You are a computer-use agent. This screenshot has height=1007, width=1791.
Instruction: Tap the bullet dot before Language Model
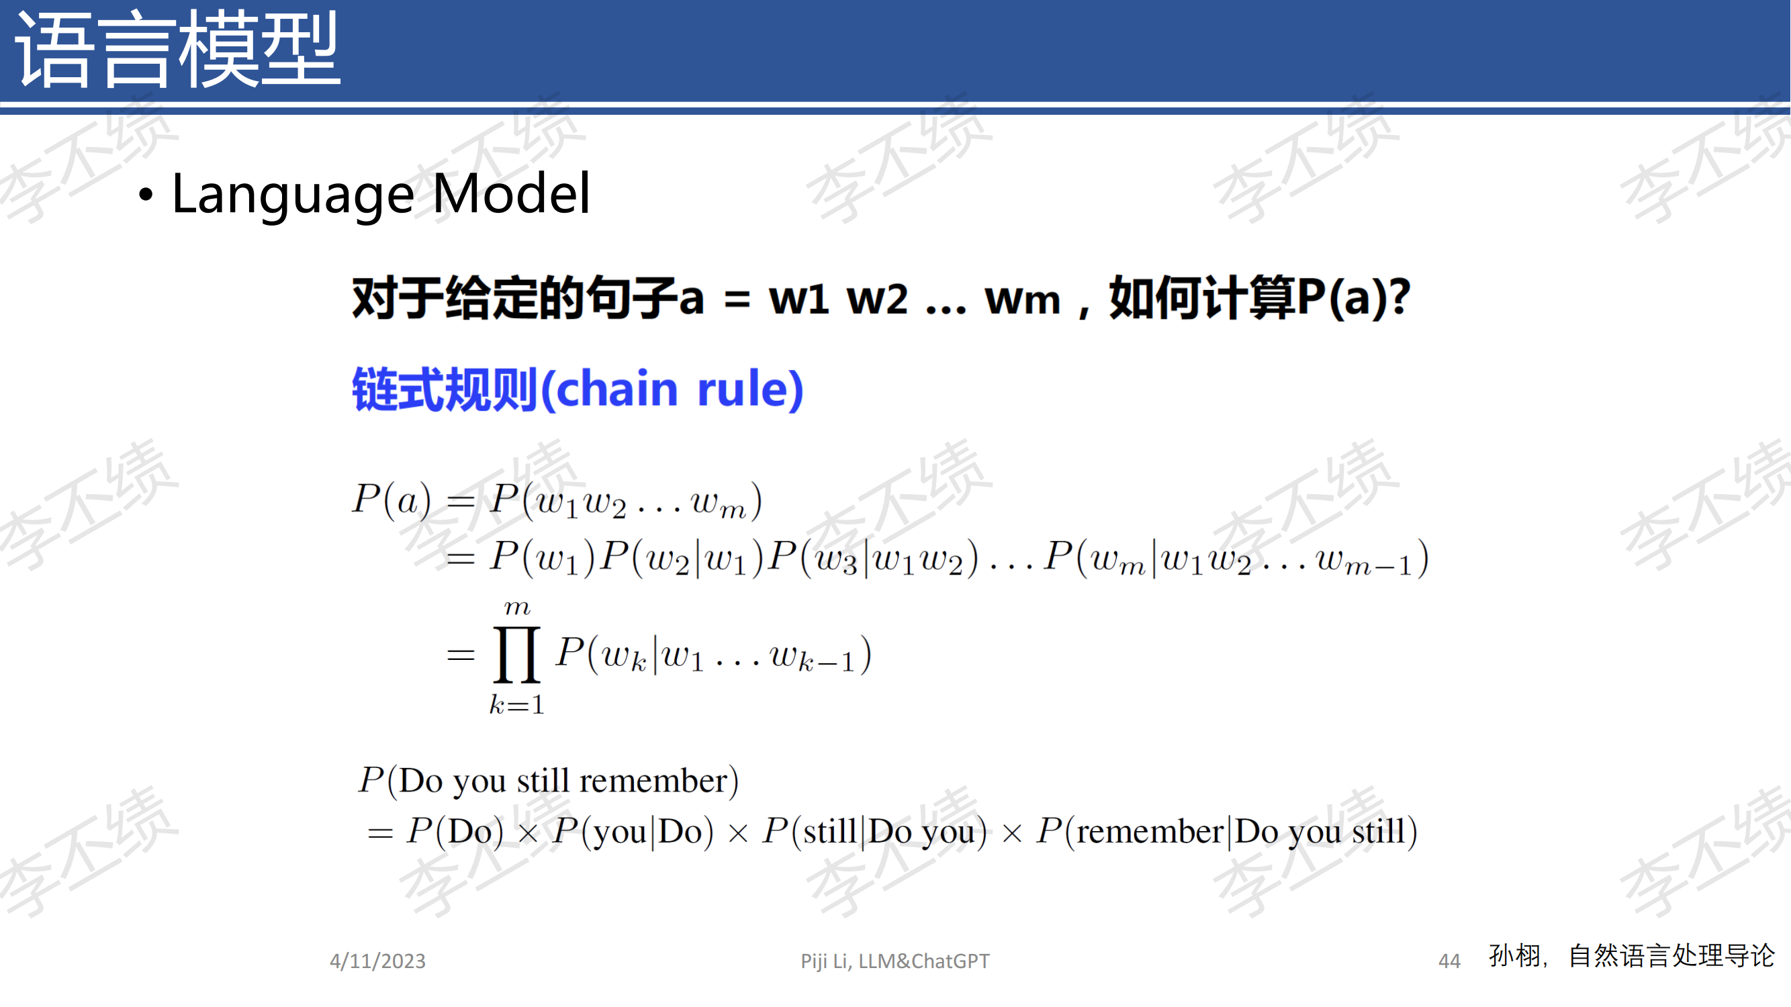coord(145,195)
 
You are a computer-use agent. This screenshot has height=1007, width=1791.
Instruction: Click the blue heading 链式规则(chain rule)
coord(578,389)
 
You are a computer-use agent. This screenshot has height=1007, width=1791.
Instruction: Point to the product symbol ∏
coord(516,654)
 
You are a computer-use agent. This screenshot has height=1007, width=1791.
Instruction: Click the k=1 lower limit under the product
coord(516,705)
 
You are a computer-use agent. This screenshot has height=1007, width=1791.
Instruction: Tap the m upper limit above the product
coord(517,608)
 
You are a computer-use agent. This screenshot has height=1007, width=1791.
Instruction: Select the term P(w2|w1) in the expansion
coord(682,557)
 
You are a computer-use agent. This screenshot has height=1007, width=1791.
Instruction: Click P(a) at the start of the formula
coord(392,499)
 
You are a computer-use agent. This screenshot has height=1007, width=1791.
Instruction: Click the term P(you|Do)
coord(633,831)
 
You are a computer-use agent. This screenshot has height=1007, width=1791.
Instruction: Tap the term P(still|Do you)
coord(874,831)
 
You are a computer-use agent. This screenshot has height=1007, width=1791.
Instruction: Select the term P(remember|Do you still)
coord(1226,831)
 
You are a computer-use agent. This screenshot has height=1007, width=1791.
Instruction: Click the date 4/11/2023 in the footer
coord(377,961)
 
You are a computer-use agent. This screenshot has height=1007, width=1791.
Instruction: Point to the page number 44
coord(1450,961)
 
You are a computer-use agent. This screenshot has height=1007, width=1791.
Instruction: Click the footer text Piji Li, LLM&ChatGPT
coord(894,961)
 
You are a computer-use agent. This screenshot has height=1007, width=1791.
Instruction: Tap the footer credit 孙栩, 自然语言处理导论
coord(1632,956)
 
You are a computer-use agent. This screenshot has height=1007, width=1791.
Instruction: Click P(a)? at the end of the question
coord(1354,298)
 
